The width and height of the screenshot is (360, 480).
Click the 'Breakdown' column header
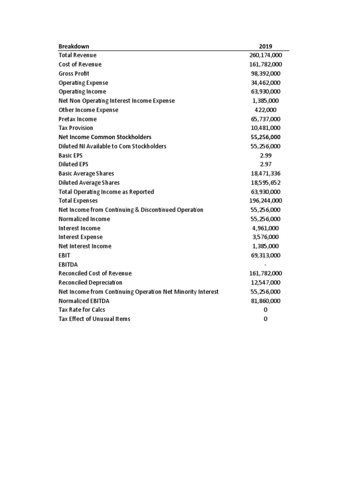click(74, 46)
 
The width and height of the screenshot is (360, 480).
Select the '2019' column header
click(265, 46)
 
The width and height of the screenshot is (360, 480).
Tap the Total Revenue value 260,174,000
click(265, 55)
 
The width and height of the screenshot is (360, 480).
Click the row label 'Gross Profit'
click(74, 74)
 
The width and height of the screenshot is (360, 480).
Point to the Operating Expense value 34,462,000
click(265, 82)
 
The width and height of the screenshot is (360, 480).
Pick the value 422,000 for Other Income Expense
click(265, 110)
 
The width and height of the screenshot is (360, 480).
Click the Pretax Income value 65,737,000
click(265, 119)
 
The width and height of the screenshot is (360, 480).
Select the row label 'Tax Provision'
click(75, 128)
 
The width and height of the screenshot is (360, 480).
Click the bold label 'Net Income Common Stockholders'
click(105, 137)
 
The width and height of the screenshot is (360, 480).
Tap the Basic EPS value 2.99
click(265, 155)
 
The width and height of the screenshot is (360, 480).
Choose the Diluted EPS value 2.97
click(265, 165)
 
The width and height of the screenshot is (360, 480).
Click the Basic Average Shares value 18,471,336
click(265, 173)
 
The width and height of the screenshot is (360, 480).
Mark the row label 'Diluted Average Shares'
click(89, 183)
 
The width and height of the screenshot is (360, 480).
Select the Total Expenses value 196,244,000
click(265, 201)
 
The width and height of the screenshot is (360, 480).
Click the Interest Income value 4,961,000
click(265, 228)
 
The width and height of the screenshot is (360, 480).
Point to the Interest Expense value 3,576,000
click(265, 237)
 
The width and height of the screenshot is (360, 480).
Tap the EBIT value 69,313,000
click(265, 255)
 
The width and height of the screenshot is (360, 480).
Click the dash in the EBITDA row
click(265, 264)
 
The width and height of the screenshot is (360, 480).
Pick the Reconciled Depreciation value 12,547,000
click(265, 283)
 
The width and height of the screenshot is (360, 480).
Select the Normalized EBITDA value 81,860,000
click(265, 301)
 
